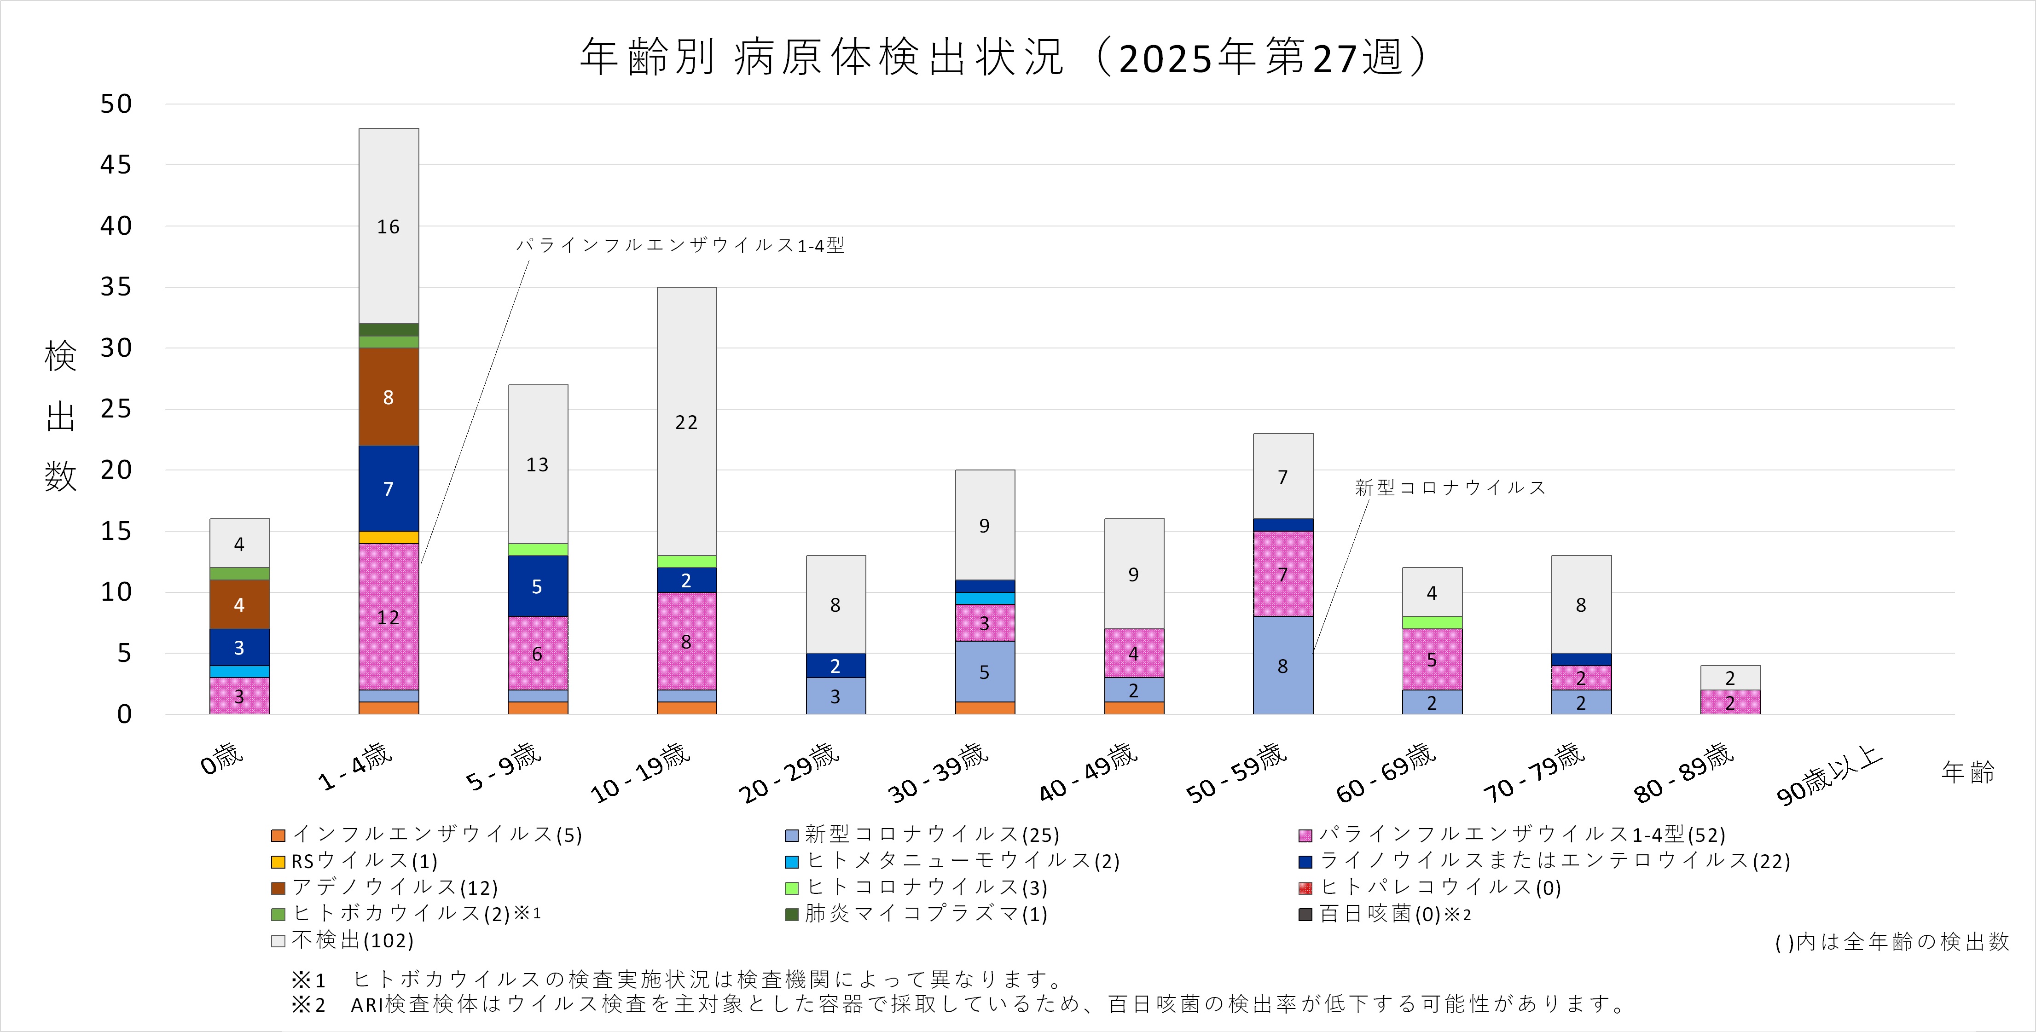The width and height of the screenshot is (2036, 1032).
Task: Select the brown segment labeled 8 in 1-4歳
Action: click(x=388, y=397)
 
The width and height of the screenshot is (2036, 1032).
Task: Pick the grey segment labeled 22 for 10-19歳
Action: click(x=686, y=422)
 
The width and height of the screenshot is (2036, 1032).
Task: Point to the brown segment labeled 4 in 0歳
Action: click(x=239, y=604)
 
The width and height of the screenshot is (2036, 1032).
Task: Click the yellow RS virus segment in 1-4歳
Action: click(x=388, y=537)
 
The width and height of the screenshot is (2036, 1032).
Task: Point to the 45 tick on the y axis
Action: click(x=116, y=165)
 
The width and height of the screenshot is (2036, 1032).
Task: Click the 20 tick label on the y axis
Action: click(x=116, y=470)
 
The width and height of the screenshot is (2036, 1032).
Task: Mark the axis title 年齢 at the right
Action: click(x=1967, y=772)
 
